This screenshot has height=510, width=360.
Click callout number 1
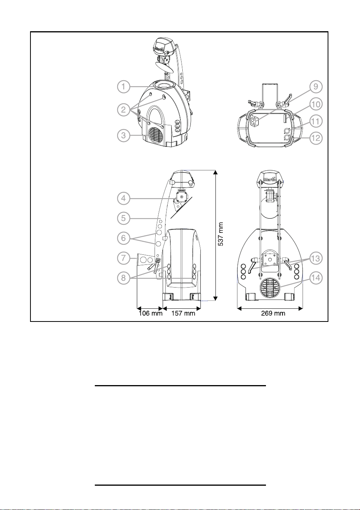[123, 87]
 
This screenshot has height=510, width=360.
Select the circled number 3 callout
[123, 135]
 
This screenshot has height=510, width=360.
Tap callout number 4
[123, 198]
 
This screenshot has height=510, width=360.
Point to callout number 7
[123, 258]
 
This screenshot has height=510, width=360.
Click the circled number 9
[316, 87]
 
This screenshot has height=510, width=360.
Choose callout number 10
[316, 104]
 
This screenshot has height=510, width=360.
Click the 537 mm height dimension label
[220, 234]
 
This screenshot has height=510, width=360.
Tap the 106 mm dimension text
[150, 313]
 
